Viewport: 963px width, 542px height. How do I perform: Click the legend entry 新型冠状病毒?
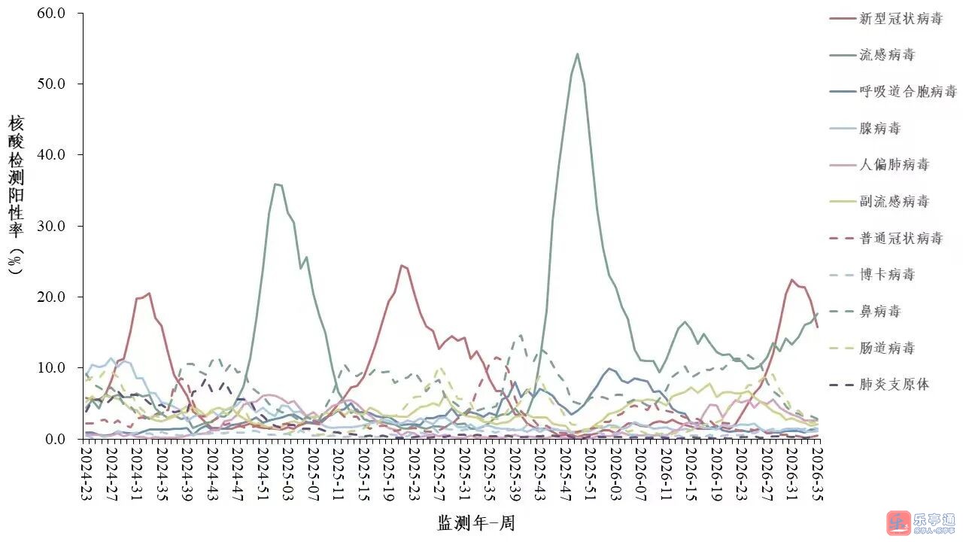(x=901, y=19)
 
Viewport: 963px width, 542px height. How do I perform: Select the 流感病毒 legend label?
(x=887, y=55)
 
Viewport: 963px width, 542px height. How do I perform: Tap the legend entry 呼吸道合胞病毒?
(x=907, y=92)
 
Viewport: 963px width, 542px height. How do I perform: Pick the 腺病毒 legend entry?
(x=880, y=128)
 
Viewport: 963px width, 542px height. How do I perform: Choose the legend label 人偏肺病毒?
(x=894, y=165)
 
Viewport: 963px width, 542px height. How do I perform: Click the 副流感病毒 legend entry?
(x=894, y=201)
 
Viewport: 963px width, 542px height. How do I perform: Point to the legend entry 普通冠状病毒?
(x=901, y=238)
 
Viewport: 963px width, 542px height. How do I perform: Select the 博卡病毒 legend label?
(x=887, y=275)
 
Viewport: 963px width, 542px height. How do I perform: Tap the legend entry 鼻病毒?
(x=880, y=311)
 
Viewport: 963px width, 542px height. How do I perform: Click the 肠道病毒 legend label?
(x=887, y=348)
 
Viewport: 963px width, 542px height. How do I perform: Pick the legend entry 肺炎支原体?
(x=894, y=384)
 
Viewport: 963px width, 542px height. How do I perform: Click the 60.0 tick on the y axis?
(x=51, y=13)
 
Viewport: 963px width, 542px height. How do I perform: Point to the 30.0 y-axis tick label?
(x=51, y=226)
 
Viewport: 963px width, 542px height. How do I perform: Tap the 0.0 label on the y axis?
(x=55, y=439)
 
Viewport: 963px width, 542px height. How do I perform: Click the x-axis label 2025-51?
(x=590, y=474)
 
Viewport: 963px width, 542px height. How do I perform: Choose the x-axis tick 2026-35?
(x=816, y=474)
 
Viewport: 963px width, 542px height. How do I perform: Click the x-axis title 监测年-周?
(x=476, y=523)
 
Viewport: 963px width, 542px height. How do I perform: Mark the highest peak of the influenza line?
(x=577, y=53)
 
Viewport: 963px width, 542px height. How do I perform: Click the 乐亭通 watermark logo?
(x=920, y=523)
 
